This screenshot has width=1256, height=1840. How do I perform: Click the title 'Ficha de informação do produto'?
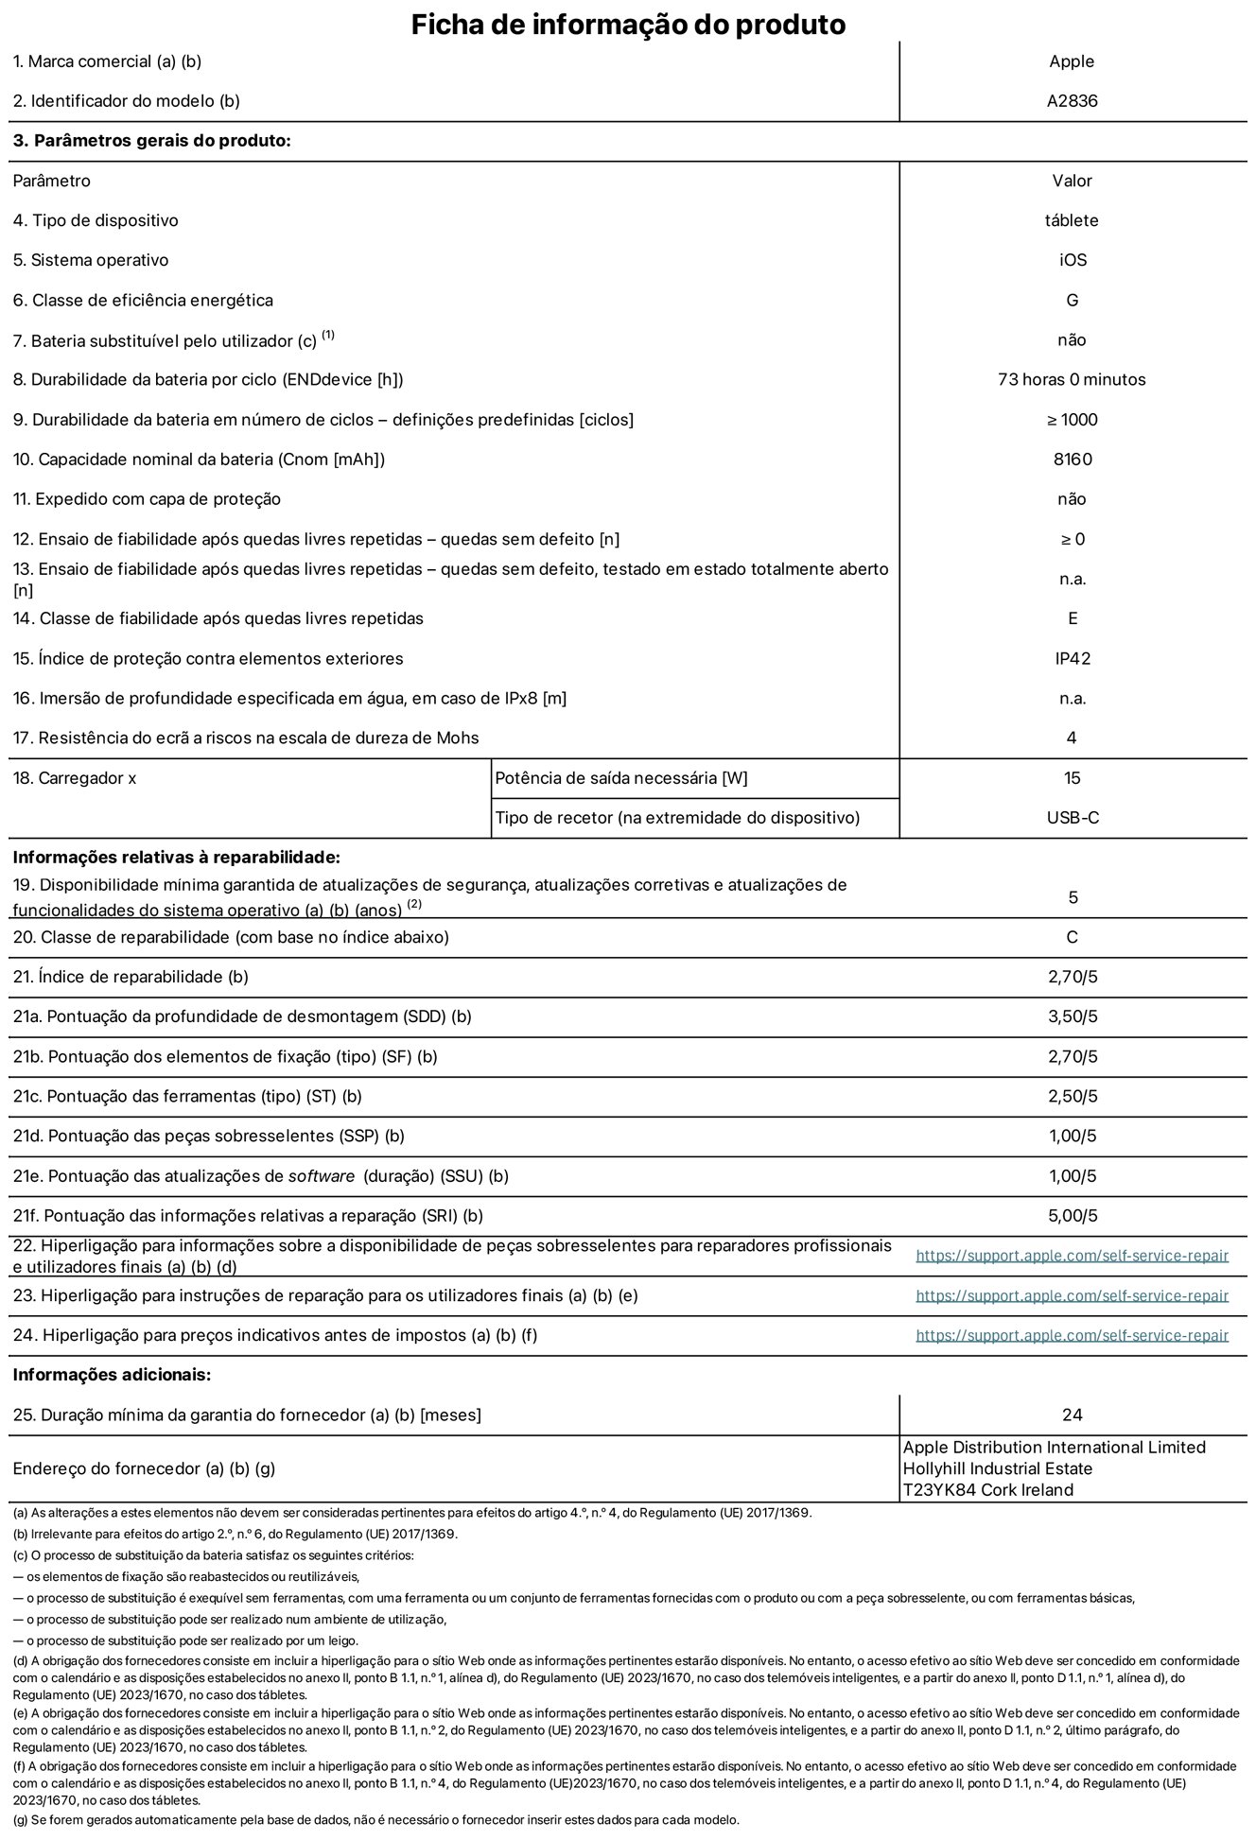(628, 25)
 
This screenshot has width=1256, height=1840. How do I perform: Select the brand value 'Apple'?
(1072, 61)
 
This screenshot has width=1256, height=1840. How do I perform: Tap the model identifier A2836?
(1072, 101)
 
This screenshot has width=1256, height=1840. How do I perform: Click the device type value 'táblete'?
(1072, 220)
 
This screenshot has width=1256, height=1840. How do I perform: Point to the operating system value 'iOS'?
(1073, 260)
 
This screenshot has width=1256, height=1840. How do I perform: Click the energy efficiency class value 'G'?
(1072, 300)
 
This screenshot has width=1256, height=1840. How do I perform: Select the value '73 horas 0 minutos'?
(1072, 379)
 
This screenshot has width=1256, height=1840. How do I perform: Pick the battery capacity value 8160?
(1072, 460)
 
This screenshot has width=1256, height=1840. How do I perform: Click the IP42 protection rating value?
(1073, 658)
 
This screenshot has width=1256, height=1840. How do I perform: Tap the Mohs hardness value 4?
(1072, 738)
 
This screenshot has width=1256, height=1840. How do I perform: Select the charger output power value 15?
(1072, 778)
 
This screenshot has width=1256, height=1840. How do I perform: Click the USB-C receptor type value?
(1072, 818)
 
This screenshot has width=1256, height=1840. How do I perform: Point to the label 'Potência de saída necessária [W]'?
(620, 778)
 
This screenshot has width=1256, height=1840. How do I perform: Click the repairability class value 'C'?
(1072, 937)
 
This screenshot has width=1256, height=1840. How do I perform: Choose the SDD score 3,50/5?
(1073, 1016)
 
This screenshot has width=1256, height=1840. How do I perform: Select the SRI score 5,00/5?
(1073, 1216)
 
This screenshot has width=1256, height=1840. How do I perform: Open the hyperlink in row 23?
(1072, 1295)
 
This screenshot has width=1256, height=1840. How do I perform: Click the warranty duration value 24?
(1072, 1415)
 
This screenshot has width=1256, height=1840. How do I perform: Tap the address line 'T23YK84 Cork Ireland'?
(988, 1490)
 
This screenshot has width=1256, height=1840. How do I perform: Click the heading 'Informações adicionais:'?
(112, 1375)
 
